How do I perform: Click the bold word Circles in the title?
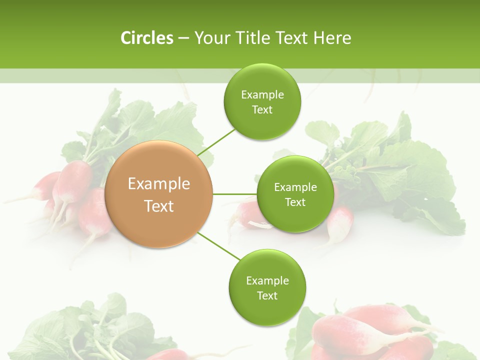[147, 38]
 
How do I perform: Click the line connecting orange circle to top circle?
[216, 142]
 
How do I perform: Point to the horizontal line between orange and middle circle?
[235, 194]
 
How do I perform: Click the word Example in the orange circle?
[159, 184]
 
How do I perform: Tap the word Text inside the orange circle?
[159, 206]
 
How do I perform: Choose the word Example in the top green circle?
[262, 95]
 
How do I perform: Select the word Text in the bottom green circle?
[267, 295]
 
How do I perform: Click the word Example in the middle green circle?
[295, 187]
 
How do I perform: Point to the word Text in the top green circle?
[262, 110]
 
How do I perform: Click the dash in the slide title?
[183, 38]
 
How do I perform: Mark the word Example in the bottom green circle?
[267, 280]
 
